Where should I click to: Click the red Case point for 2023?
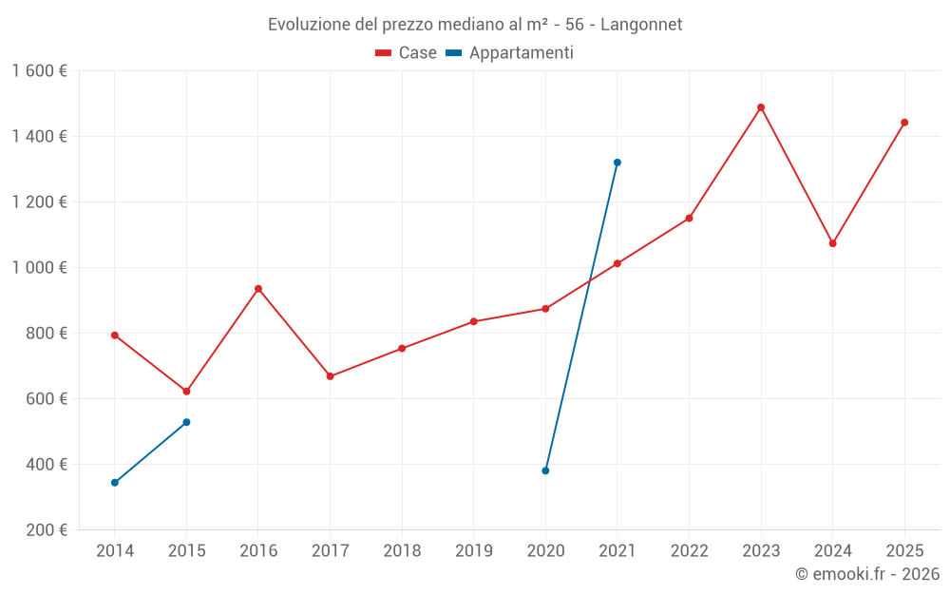[x=761, y=107]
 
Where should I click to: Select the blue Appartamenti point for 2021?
[x=617, y=163]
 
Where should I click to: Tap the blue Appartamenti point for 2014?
[x=115, y=483]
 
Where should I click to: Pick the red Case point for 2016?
[x=258, y=289]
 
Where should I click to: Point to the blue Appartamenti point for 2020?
[x=545, y=470]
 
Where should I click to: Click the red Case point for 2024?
[x=833, y=243]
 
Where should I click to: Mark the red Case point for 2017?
[x=330, y=376]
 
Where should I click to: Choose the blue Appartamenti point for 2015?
[x=186, y=422]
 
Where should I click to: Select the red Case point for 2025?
[x=904, y=123]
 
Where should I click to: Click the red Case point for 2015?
[x=186, y=392]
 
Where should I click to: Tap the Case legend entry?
[x=407, y=53]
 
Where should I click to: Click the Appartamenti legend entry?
[x=510, y=53]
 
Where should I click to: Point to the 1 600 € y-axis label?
[x=40, y=71]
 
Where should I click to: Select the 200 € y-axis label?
[x=46, y=530]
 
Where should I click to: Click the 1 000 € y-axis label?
[x=40, y=268]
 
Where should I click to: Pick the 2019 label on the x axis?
[x=474, y=551]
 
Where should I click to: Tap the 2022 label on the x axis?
[x=689, y=551]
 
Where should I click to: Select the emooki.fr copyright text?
[x=866, y=574]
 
